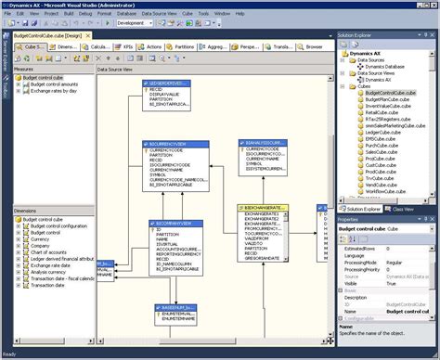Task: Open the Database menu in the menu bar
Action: pyautogui.click(x=127, y=14)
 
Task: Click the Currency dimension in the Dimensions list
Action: pyautogui.click(x=40, y=238)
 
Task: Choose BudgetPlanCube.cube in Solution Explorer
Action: pyautogui.click(x=388, y=100)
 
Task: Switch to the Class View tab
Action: pyautogui.click(x=403, y=210)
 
